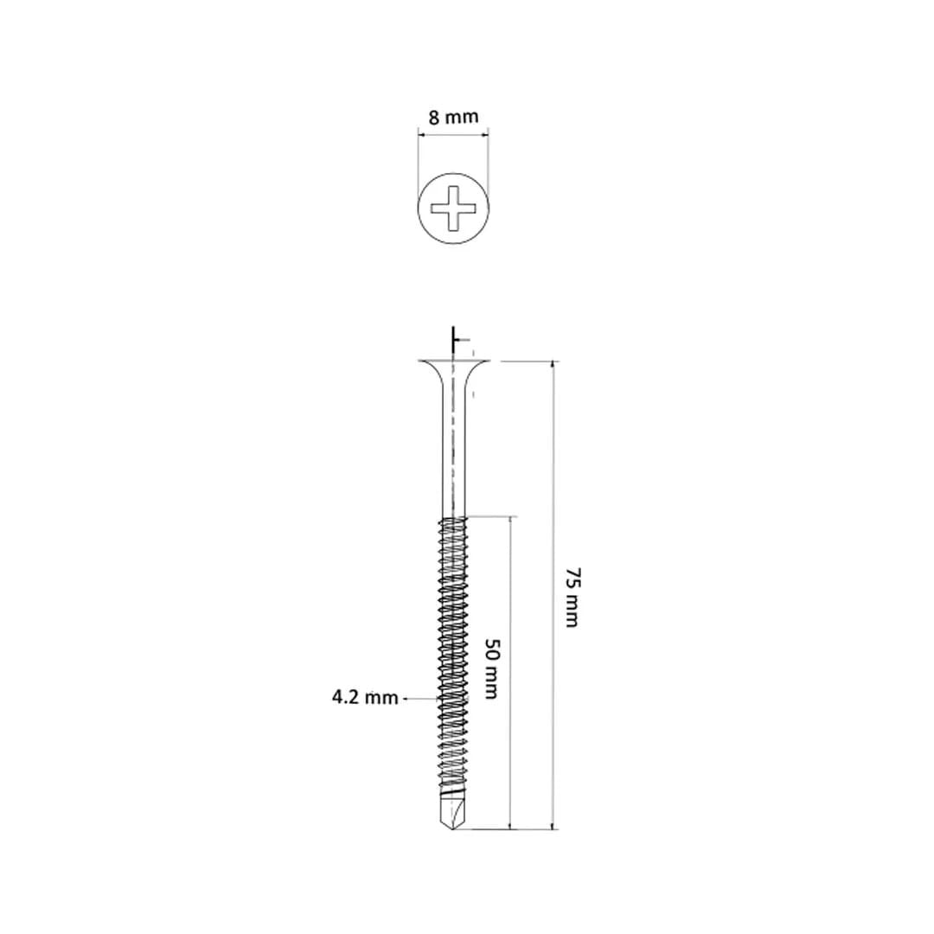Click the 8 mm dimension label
[452, 117]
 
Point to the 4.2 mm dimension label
[365, 697]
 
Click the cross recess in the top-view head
[453, 208]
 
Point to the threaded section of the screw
[453, 649]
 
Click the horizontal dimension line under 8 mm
[452, 132]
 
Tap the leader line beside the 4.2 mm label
[419, 697]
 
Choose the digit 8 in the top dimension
[433, 117]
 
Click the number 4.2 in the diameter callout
[348, 697]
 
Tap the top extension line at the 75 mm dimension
[528, 361]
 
